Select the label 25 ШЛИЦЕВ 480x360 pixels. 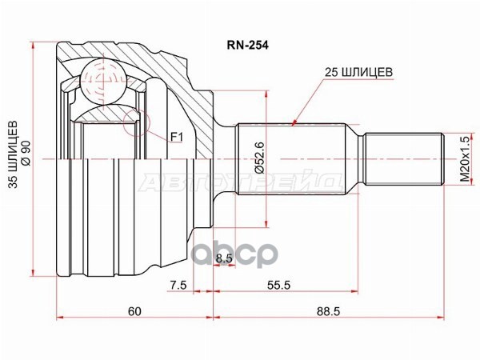[358, 71]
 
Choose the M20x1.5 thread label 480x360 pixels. [462, 158]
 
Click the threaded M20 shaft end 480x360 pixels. [404, 158]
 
